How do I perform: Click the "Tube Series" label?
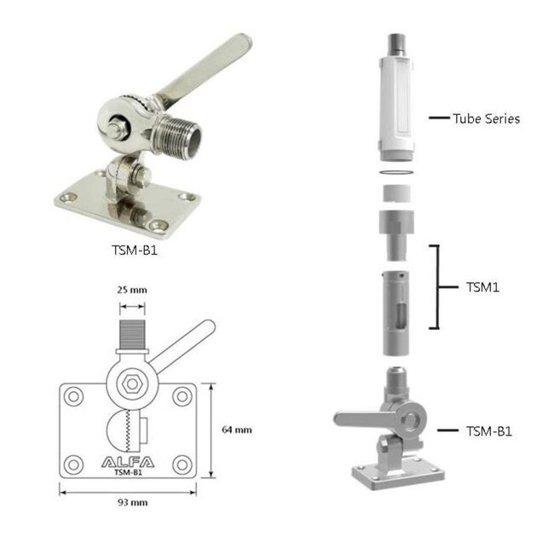[x=485, y=118]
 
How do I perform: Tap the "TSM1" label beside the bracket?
[x=483, y=287]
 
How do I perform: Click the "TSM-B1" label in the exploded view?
[x=489, y=431]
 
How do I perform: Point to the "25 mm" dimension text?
[x=132, y=290]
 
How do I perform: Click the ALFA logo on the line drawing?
[x=129, y=463]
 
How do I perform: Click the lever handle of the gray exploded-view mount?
[x=363, y=418]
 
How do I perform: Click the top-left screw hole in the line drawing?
[x=73, y=396]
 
